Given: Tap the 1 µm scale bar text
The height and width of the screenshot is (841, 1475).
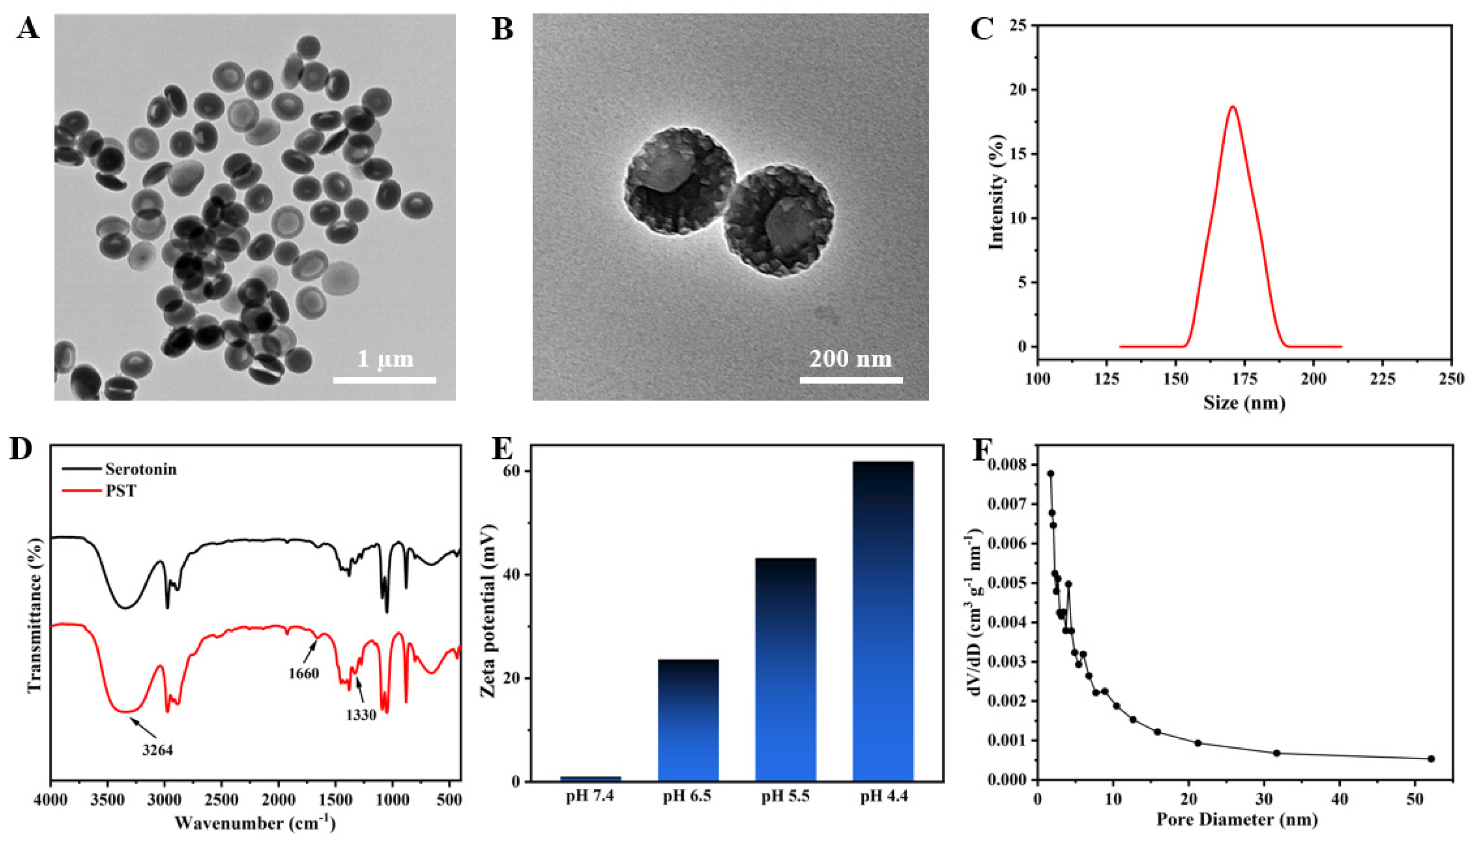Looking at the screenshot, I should [x=385, y=359].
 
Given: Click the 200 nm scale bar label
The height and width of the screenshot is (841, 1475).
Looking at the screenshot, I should [x=850, y=359].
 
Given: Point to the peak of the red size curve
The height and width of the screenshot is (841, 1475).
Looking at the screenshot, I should [x=1233, y=106].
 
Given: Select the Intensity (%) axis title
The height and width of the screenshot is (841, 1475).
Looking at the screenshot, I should [x=997, y=192].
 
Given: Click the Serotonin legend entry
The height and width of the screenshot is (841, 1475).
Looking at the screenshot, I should [x=141, y=469].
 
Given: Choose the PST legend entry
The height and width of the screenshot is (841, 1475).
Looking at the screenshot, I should [x=121, y=491].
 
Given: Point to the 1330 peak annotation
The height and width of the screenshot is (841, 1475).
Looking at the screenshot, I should [x=361, y=715].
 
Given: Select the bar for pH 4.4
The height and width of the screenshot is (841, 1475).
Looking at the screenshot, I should [x=883, y=621].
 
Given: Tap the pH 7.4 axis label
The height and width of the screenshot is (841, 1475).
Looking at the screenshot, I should [x=590, y=796].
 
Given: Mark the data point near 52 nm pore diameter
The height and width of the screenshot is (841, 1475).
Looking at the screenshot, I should [x=1431, y=758].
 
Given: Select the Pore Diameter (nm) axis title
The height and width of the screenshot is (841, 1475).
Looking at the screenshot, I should [x=1237, y=820].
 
